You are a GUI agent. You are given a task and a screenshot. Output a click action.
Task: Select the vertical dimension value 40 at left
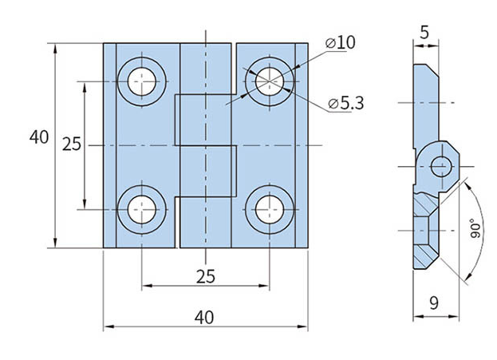39,137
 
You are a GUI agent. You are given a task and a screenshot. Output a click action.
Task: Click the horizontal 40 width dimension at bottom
204,317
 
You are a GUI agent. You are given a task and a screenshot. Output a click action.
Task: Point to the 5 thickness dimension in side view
424,33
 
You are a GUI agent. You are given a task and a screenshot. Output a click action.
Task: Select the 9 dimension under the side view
434,303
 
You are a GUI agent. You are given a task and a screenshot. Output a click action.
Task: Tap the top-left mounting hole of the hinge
142,81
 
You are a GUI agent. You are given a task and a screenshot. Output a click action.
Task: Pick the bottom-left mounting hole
142,210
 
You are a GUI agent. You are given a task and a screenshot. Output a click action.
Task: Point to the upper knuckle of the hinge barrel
206,68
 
